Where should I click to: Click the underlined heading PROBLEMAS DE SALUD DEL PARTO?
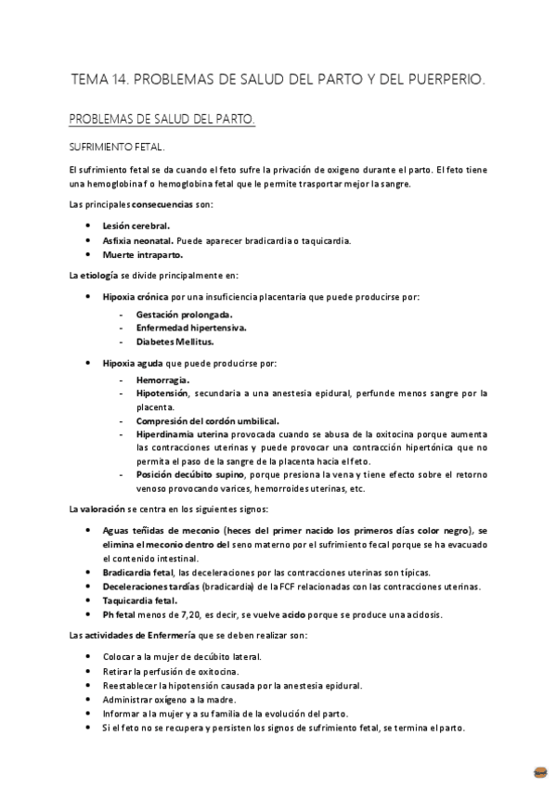[162, 121]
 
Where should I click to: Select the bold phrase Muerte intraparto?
[142, 254]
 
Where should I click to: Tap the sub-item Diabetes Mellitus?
[175, 342]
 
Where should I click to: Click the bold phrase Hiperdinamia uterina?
[181, 434]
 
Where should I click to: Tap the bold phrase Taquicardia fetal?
[139, 600]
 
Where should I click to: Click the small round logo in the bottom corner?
[540, 771]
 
